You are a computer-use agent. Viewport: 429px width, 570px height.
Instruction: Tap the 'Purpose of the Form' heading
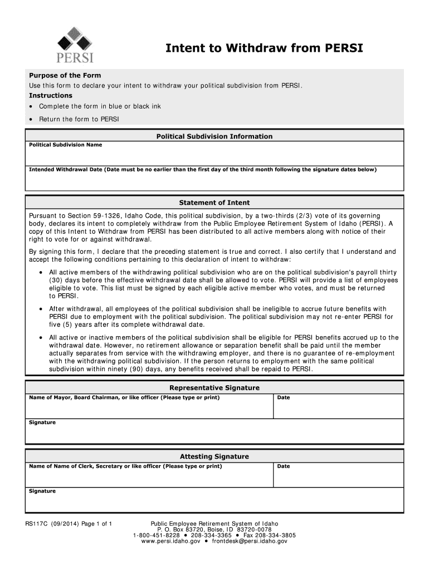[65, 75]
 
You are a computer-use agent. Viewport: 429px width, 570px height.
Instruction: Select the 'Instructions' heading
[51, 96]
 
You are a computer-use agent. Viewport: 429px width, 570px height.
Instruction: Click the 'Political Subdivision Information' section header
[214, 136]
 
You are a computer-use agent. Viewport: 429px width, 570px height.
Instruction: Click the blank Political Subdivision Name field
[214, 156]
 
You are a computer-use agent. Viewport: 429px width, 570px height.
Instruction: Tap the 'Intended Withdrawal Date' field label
[66, 169]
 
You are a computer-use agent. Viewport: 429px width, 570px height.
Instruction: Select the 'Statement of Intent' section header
[214, 203]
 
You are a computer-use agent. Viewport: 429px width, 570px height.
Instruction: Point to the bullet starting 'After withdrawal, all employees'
[41, 308]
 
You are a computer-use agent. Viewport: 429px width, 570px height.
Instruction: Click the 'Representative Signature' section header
[214, 387]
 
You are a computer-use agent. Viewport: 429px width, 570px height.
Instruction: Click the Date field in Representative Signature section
[338, 410]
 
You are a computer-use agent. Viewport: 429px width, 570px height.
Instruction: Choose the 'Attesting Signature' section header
[214, 456]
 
